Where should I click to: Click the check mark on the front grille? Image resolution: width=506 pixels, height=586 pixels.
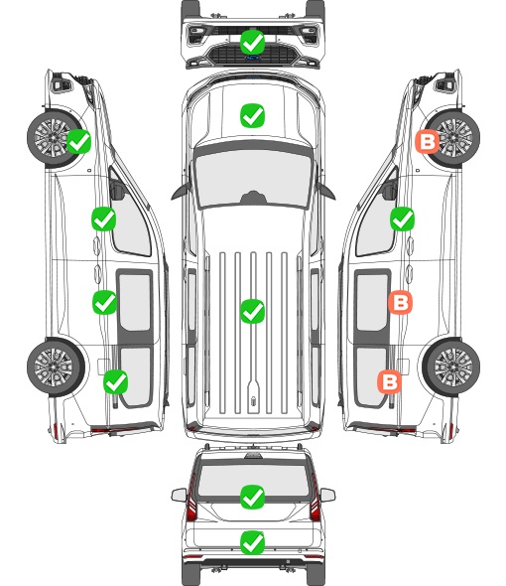pyautogui.click(x=252, y=42)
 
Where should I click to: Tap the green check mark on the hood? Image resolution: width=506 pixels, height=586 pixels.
pyautogui.click(x=252, y=115)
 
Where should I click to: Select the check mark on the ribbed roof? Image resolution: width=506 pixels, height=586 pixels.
pyautogui.click(x=252, y=311)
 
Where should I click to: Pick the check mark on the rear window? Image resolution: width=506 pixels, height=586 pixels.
pyautogui.click(x=252, y=497)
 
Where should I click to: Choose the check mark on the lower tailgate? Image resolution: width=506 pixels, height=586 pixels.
pyautogui.click(x=252, y=542)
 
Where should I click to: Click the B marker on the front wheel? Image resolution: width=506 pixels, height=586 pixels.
pyautogui.click(x=428, y=142)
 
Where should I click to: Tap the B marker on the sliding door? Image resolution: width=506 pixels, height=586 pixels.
pyautogui.click(x=400, y=302)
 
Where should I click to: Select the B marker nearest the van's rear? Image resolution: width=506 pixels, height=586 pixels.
pyautogui.click(x=389, y=381)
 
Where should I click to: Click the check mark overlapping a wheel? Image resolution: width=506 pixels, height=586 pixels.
pyautogui.click(x=78, y=141)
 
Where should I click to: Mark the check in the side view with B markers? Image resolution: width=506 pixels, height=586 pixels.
pyautogui.click(x=402, y=219)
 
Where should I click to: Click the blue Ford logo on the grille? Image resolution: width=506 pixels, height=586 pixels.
pyautogui.click(x=252, y=58)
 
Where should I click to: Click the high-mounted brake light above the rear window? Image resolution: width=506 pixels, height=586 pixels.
pyautogui.click(x=253, y=455)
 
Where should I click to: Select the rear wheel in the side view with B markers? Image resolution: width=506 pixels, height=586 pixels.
pyautogui.click(x=451, y=366)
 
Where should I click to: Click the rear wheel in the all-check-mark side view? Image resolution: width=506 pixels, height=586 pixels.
pyautogui.click(x=56, y=366)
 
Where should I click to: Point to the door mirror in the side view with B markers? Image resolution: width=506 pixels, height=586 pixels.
pyautogui.click(x=390, y=190)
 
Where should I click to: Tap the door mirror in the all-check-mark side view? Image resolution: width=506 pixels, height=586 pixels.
pyautogui.click(x=117, y=190)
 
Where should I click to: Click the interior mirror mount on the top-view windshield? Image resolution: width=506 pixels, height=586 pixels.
pyautogui.click(x=253, y=198)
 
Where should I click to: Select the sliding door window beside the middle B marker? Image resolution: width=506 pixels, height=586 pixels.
pyautogui.click(x=372, y=302)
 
